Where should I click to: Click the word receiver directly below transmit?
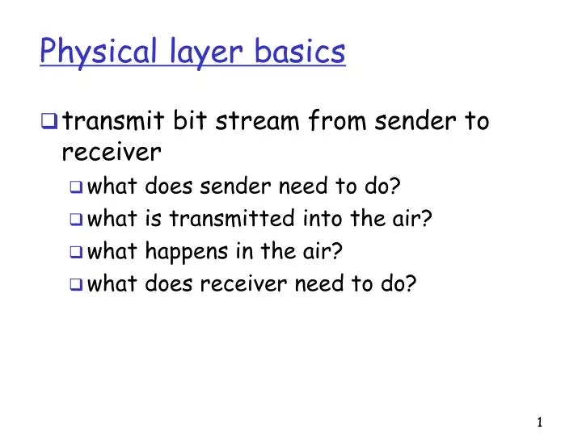pos(112,152)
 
